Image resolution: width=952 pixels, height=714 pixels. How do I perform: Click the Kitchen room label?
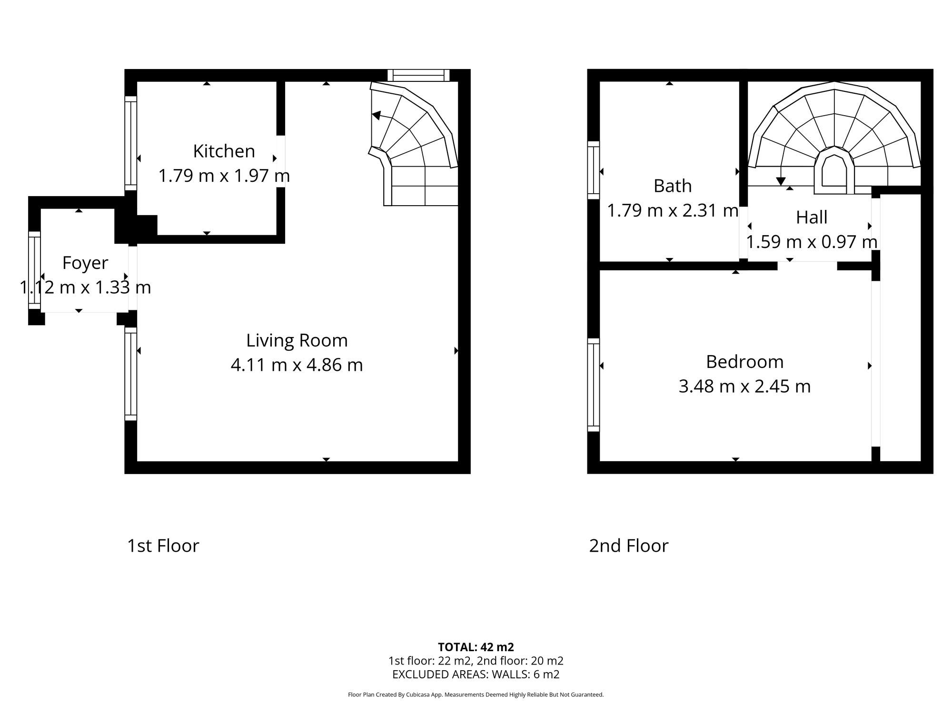coord(224,151)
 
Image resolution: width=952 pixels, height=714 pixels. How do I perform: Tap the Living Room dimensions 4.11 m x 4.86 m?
coord(297,365)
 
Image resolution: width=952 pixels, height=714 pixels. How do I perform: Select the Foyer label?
coord(85,263)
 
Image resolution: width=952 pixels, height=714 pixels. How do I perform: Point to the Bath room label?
coord(672,186)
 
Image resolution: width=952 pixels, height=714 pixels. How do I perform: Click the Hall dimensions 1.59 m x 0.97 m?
coord(811,242)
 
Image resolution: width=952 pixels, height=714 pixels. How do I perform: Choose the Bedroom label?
coord(744,362)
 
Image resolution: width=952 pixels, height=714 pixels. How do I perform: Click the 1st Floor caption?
coord(163,545)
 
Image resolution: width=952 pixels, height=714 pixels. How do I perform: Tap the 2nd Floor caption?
coord(628,545)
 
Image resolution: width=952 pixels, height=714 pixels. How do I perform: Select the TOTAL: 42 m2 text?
coord(476,647)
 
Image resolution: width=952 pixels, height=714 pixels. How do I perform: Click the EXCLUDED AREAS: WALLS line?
coord(476,674)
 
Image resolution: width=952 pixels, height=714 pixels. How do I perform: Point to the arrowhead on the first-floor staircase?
coord(376,115)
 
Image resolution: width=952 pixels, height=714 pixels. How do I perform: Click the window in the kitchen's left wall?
coord(131,143)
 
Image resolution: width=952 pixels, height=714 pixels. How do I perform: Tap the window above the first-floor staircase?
coord(418,75)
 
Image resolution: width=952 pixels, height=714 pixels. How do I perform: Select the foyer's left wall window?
coord(34,270)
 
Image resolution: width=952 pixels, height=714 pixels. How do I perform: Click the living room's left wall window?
coord(131,374)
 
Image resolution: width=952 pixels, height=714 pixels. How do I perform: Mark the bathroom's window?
coord(593,170)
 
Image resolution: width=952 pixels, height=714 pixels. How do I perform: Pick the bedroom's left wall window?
coord(593,385)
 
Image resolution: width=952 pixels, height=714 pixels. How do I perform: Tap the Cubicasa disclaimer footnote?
coord(476,694)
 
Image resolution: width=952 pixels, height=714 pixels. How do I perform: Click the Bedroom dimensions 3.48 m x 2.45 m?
coord(744,386)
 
